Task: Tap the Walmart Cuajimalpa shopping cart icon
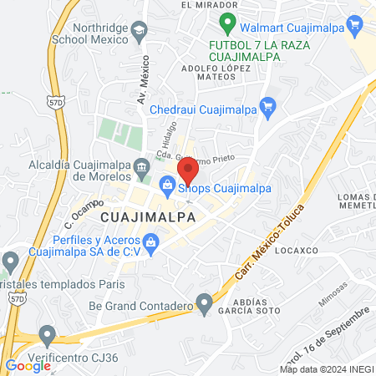(355, 26)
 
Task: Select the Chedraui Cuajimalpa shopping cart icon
(267, 106)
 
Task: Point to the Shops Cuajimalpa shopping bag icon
(166, 191)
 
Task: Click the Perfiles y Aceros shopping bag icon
(151, 244)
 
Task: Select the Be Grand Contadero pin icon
(204, 301)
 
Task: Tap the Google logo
(28, 365)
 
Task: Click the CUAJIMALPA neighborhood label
(148, 217)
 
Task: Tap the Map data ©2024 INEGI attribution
(327, 368)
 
